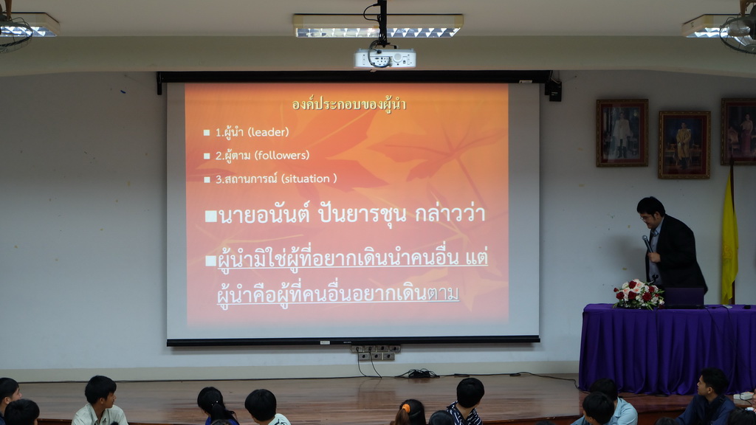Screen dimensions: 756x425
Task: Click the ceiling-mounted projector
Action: pos(385,58)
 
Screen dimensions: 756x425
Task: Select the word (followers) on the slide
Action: pos(282,155)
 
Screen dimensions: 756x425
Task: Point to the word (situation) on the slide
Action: pos(309,179)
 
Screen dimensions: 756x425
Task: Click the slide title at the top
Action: pos(349,104)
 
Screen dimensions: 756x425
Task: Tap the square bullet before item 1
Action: pos(207,133)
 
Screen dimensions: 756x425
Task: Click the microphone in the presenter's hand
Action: pos(647,243)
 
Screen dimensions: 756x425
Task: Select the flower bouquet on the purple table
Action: pos(639,294)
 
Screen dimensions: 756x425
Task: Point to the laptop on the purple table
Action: pos(683,297)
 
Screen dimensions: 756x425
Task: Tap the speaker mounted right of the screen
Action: pos(555,90)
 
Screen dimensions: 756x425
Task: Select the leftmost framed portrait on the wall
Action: pos(622,133)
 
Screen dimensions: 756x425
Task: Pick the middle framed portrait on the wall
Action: pos(684,145)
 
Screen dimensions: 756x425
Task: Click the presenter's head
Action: pos(651,212)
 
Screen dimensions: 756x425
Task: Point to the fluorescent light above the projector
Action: pos(378,26)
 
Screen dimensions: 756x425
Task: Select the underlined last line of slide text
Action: pos(337,294)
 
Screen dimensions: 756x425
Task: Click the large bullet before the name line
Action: pos(210,216)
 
